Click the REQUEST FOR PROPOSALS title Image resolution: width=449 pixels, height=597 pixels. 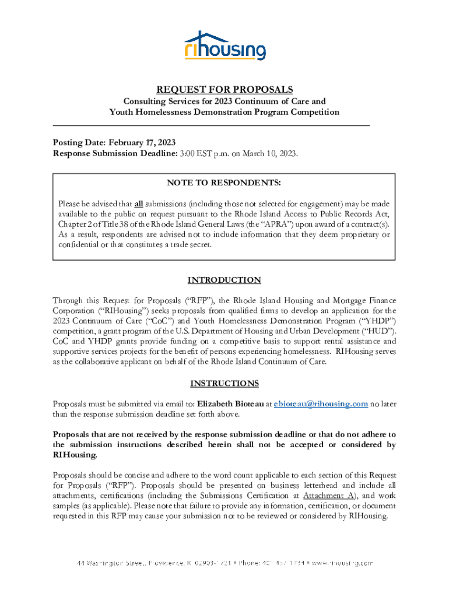(224, 89)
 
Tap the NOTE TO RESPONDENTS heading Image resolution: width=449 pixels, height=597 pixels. (224, 183)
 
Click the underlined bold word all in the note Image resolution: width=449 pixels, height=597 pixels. (139, 203)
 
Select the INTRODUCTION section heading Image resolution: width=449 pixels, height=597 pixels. (224, 280)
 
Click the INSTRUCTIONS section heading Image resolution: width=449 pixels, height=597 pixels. (224, 384)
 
